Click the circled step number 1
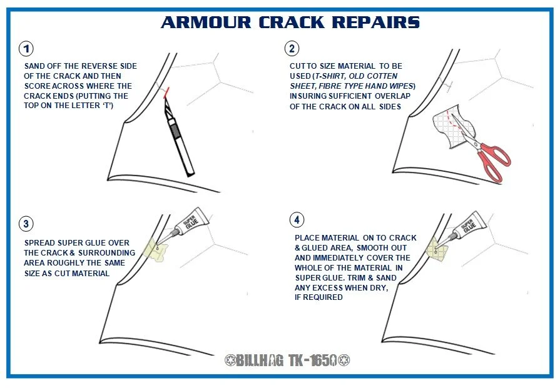click(x=26, y=49)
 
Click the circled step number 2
click(x=291, y=49)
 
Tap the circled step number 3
click(x=26, y=224)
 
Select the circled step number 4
click(x=297, y=220)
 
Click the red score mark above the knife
click(x=166, y=94)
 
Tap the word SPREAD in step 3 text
click(x=39, y=242)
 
